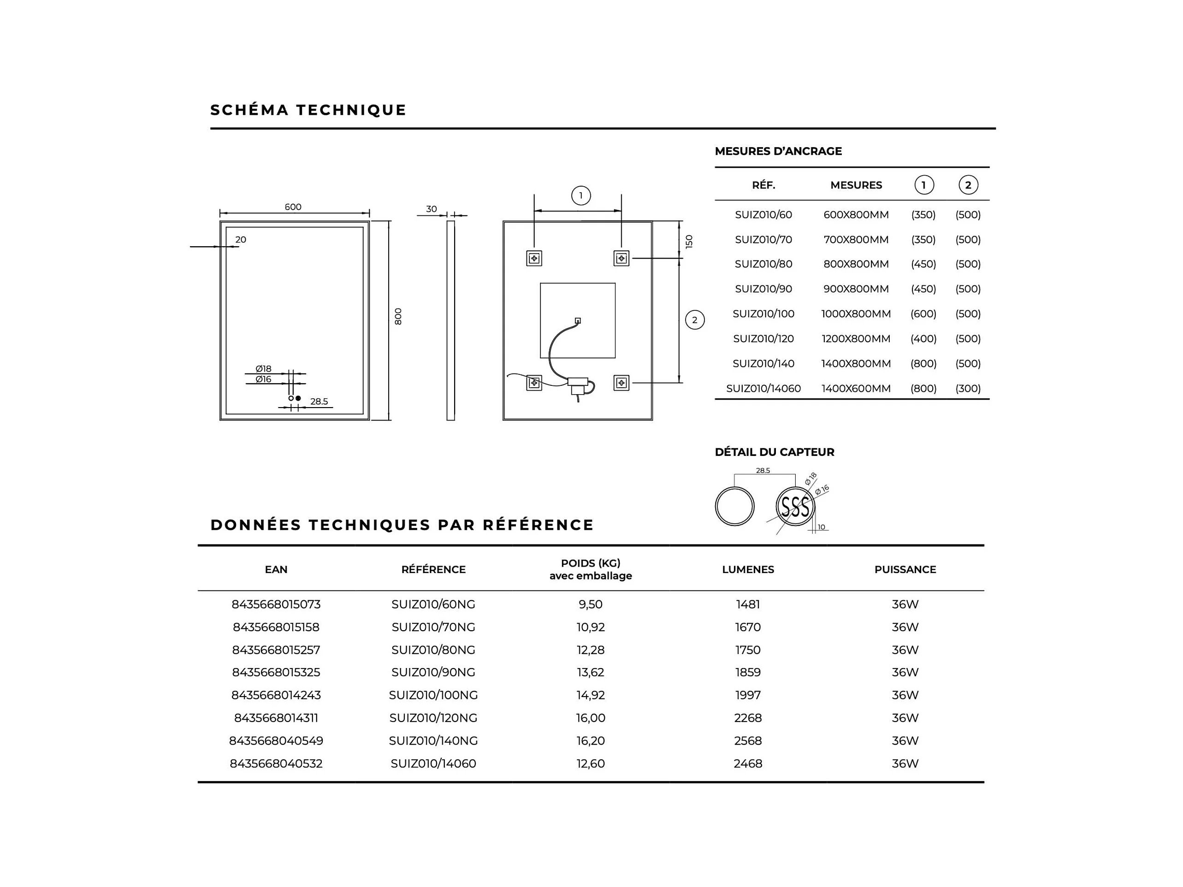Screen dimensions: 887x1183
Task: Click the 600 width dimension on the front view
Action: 293,207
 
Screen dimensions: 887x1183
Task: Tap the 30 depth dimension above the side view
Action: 431,209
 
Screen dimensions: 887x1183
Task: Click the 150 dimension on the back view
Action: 689,242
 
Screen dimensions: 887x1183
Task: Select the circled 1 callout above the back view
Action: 581,195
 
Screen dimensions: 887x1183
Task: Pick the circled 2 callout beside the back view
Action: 695,320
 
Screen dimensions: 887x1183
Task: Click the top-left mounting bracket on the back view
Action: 534,259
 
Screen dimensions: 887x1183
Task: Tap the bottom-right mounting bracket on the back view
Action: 621,383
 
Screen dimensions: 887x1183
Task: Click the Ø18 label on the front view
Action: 263,369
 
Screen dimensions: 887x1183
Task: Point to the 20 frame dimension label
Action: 241,240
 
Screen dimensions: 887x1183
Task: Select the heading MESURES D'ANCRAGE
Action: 778,151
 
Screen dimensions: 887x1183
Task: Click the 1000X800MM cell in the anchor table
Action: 856,314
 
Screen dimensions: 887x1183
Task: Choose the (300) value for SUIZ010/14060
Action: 968,389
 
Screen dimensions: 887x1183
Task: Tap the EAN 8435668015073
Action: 276,604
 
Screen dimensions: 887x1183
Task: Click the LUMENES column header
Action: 748,569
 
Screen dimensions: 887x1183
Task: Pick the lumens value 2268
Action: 748,718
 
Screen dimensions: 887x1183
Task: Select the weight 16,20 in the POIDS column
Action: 591,740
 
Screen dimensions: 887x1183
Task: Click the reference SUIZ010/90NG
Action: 433,672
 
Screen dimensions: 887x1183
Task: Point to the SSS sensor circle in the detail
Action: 795,506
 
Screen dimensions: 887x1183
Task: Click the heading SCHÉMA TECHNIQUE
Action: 308,110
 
